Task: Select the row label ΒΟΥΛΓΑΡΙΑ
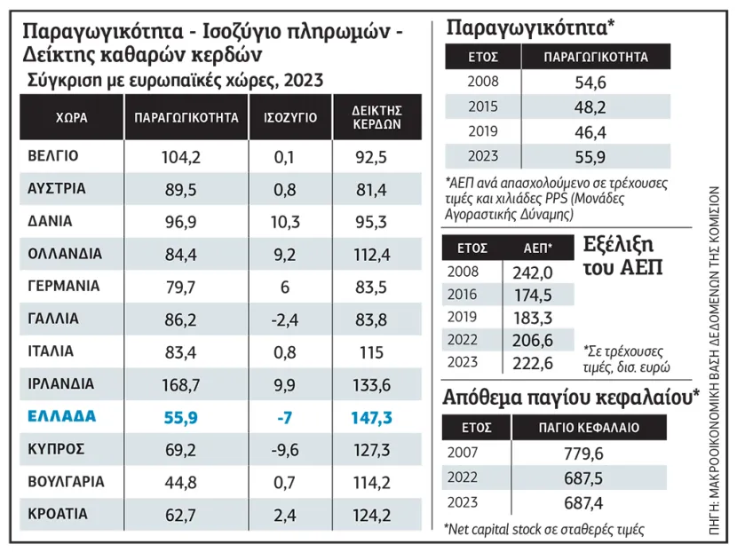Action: coord(67,482)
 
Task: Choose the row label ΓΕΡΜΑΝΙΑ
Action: coord(65,286)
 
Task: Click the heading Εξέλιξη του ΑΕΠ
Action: coord(623,255)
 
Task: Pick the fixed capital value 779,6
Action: coord(590,454)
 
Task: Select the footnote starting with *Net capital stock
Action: coord(543,529)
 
